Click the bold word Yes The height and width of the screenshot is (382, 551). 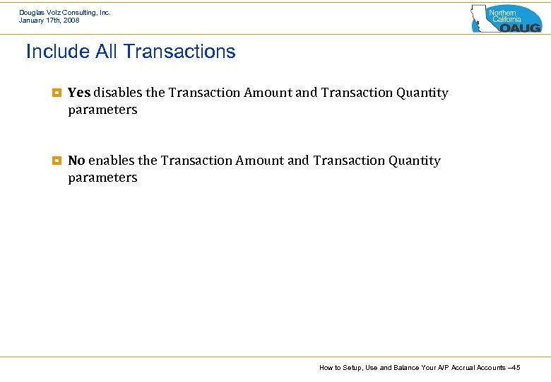coord(79,93)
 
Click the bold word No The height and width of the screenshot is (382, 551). coord(76,161)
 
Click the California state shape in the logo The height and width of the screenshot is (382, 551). coord(480,18)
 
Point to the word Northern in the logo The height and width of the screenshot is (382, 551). coord(503,13)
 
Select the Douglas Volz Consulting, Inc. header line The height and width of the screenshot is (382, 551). coord(65,13)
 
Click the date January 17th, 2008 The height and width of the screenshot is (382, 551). coord(49,21)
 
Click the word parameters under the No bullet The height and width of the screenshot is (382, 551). coord(102,178)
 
